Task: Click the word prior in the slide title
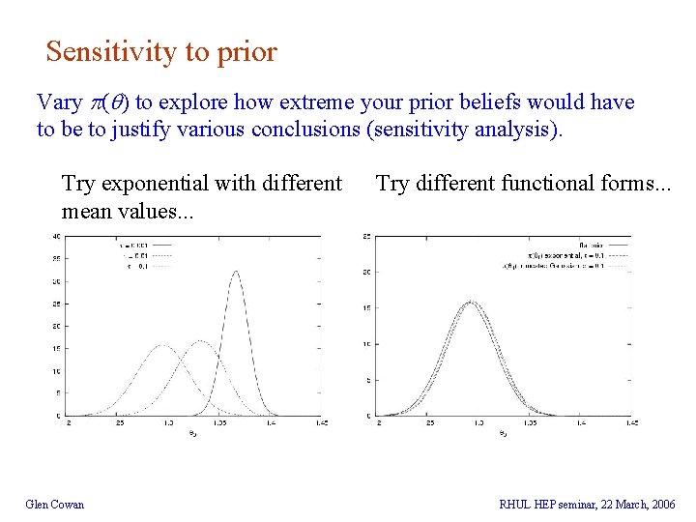click(247, 52)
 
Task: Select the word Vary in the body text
click(57, 102)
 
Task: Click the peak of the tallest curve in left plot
click(237, 272)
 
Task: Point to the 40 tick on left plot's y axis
click(57, 237)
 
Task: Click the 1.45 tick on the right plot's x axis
click(629, 423)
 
